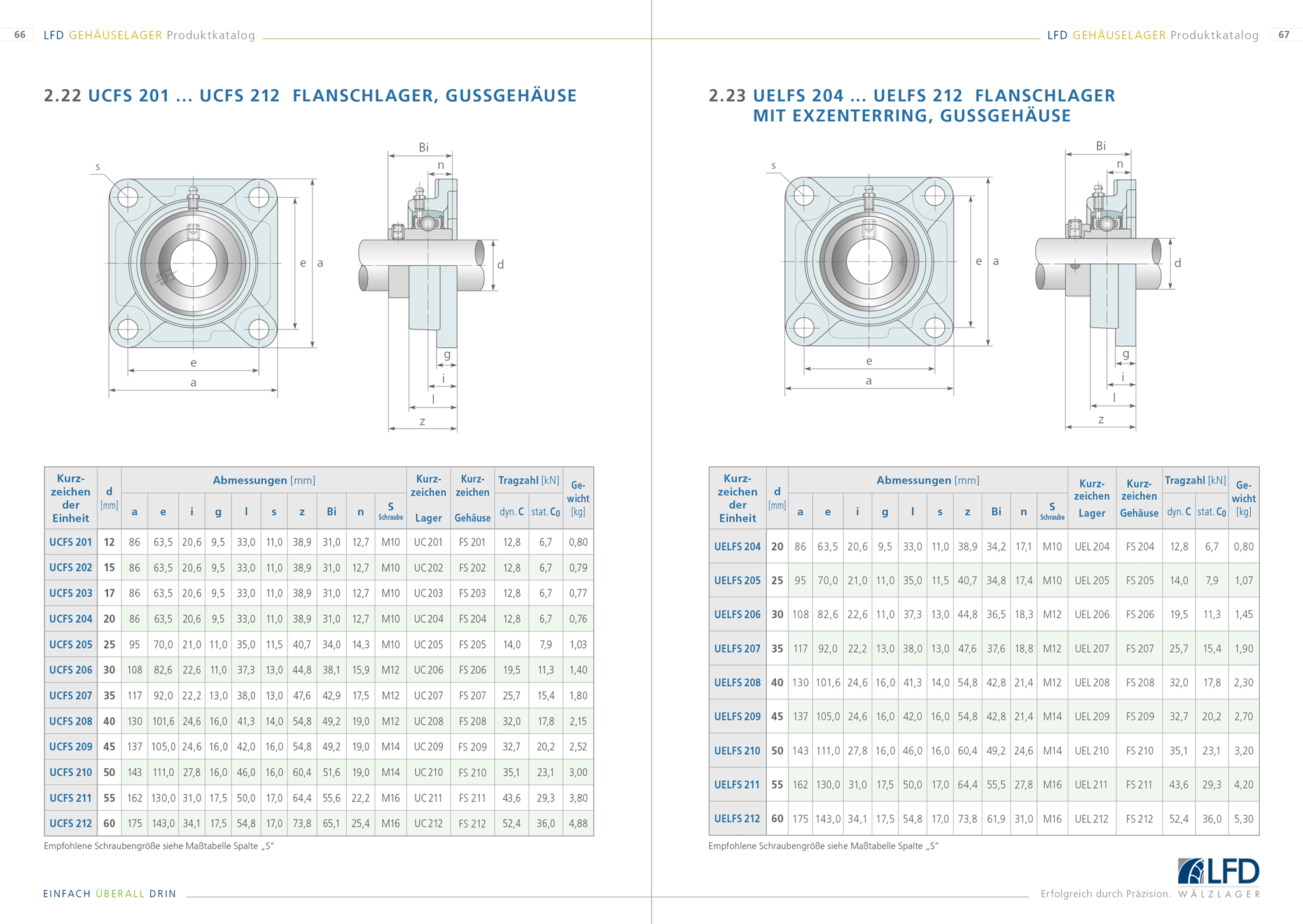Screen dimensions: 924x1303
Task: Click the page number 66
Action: [20, 35]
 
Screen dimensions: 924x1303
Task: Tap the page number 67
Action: [1284, 35]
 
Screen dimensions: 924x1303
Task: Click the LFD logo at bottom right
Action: [1218, 872]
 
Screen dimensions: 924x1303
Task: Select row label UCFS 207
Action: [71, 696]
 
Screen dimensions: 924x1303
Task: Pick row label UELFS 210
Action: [737, 751]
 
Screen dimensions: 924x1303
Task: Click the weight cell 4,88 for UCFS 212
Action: [578, 824]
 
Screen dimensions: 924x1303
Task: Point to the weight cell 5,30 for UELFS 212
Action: [1243, 819]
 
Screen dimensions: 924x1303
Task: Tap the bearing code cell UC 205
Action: [428, 645]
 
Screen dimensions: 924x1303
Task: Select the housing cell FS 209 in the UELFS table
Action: [1139, 717]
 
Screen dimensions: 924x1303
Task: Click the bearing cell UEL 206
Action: [1092, 615]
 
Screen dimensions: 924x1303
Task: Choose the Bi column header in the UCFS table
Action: [331, 512]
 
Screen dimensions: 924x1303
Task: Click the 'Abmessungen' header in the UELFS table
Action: [914, 480]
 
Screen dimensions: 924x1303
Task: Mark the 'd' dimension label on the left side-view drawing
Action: [501, 265]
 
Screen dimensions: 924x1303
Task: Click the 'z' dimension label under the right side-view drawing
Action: [1101, 420]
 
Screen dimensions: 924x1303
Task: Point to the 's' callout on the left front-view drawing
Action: [97, 167]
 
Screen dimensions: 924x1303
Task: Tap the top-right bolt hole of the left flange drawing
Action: [258, 198]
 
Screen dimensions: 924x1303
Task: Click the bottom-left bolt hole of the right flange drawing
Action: [804, 328]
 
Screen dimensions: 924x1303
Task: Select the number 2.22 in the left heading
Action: [62, 96]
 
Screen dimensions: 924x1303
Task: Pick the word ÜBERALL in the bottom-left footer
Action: [120, 894]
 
